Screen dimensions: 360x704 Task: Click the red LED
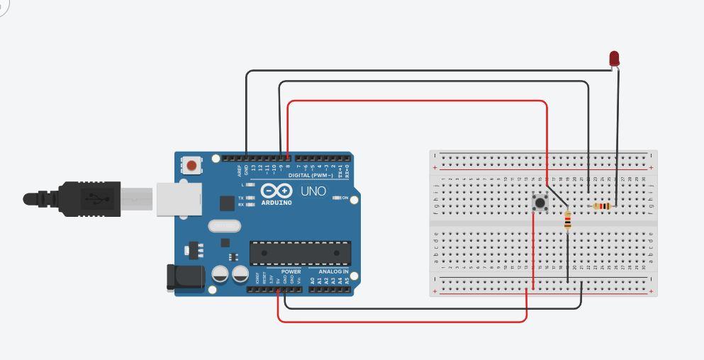coord(615,58)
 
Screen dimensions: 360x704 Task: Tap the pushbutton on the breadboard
coord(541,203)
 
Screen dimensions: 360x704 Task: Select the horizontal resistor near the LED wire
coord(601,206)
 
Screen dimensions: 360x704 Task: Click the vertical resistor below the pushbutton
coord(567,221)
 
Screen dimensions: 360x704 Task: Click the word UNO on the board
coord(313,191)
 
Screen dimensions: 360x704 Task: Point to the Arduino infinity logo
coord(276,191)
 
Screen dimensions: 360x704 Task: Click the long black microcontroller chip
coord(300,252)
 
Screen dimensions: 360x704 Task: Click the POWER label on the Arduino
coord(291,271)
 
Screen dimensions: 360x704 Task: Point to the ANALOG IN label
coord(333,271)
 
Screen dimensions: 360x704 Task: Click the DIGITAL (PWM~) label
coord(311,175)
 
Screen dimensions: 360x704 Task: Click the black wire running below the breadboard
coord(432,308)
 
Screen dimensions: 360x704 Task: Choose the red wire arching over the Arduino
coord(418,101)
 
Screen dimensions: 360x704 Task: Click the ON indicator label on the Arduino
coord(345,198)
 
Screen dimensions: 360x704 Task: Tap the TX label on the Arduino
coord(241,198)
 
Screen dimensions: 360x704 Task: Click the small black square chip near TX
coord(227,203)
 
